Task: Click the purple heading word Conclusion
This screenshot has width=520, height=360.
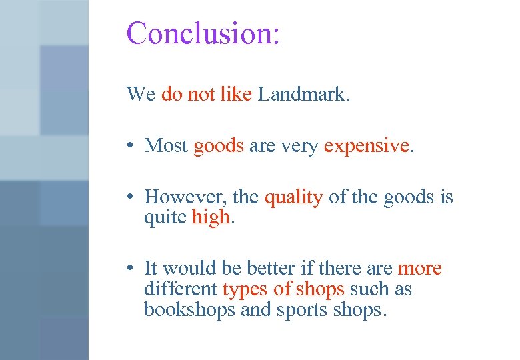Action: tap(203, 33)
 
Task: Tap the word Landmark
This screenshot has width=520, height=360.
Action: tap(303, 94)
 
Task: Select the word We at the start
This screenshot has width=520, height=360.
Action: tap(141, 94)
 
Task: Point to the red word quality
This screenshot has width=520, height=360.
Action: tap(293, 197)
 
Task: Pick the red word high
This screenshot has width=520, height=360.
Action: tap(211, 217)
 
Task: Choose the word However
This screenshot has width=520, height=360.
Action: tap(178, 197)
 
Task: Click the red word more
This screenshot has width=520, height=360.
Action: tap(419, 268)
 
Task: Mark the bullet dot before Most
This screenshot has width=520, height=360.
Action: tap(133, 145)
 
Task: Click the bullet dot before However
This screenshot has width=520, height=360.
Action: tap(133, 197)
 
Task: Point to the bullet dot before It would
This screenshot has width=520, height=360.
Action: tap(133, 268)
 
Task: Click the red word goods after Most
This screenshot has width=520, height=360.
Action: tap(219, 145)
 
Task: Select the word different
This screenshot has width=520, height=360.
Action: tap(181, 289)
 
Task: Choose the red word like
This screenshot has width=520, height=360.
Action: tap(235, 94)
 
